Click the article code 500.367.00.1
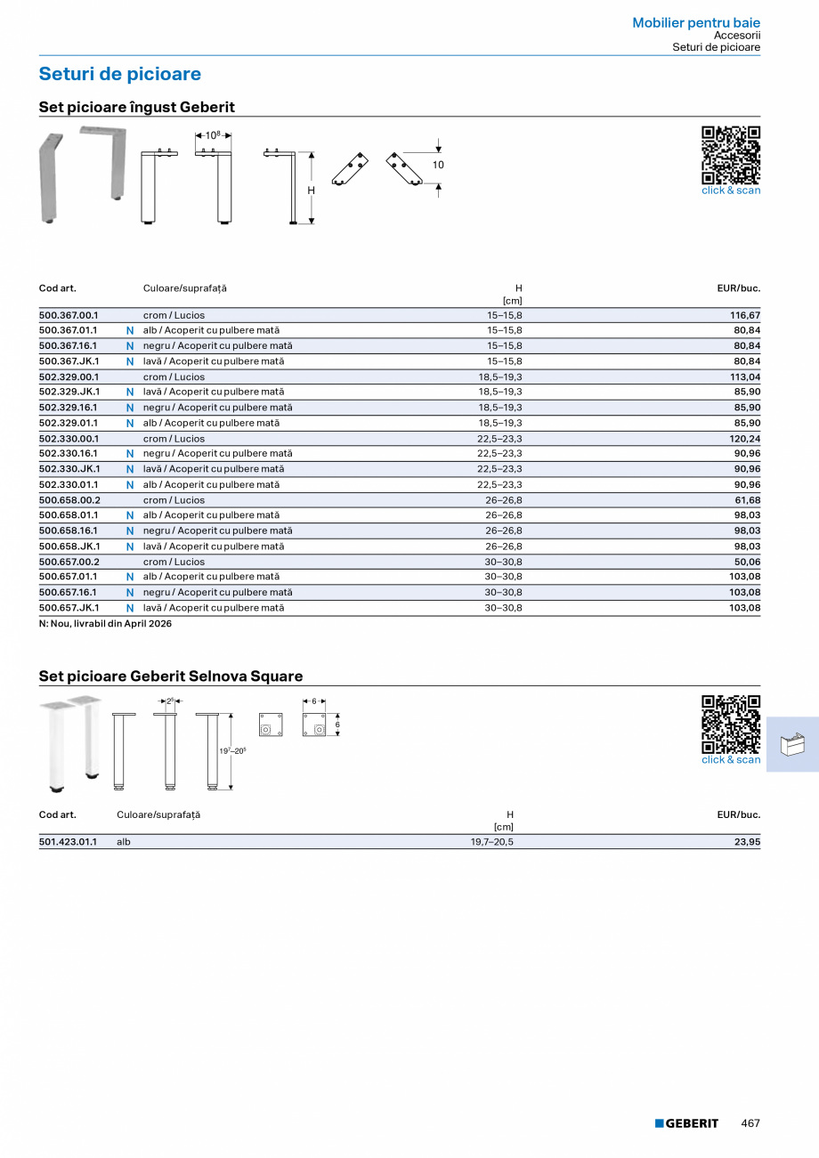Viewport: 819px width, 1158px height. pos(69,315)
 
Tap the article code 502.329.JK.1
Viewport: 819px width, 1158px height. pos(69,392)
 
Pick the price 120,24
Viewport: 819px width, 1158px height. pos(745,439)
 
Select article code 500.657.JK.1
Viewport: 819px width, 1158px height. pos(69,608)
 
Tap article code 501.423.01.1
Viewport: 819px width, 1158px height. pos(69,841)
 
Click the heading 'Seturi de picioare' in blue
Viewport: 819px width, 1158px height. pos(120,74)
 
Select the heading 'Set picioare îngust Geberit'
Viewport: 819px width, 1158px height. pos(137,107)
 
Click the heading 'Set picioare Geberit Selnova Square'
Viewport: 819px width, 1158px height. pos(171,676)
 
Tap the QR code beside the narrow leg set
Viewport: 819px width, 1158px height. pos(731,155)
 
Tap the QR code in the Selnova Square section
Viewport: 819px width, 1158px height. pos(731,725)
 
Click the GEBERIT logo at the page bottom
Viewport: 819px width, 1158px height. pos(686,1123)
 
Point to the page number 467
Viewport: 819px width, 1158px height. pos(750,1123)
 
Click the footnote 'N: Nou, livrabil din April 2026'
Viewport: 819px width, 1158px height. pos(105,624)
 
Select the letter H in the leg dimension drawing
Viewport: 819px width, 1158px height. pos(312,190)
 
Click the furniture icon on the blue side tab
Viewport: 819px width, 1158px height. pos(792,744)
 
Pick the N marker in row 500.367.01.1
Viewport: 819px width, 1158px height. pos(130,331)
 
